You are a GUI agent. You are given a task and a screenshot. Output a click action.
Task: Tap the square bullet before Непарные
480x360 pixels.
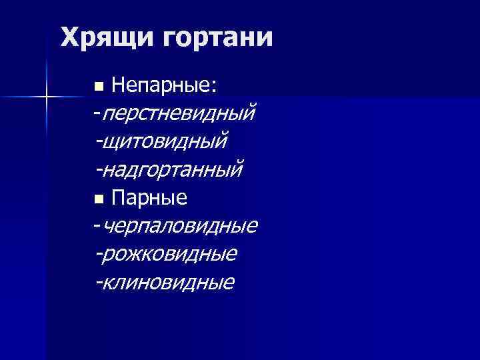point(99,87)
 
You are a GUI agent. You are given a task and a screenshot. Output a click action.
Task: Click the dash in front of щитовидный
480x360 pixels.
point(99,141)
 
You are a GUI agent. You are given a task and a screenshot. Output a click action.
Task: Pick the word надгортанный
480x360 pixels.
point(173,169)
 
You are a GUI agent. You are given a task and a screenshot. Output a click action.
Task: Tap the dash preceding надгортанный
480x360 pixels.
point(99,169)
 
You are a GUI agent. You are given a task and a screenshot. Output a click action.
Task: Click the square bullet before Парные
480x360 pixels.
point(99,199)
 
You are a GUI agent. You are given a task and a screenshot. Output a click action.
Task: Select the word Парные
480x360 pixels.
point(149,198)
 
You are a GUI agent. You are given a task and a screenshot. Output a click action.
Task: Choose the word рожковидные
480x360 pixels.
point(170,254)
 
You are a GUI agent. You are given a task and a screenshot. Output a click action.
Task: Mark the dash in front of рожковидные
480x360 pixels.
point(99,254)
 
